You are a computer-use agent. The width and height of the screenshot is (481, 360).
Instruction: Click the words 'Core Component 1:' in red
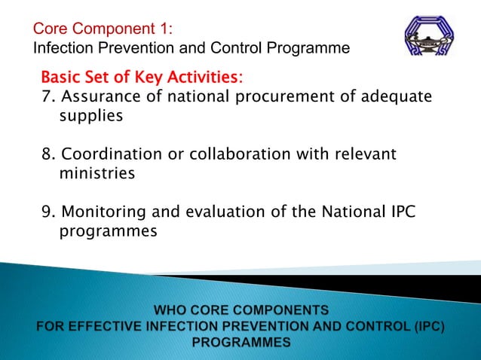(x=103, y=29)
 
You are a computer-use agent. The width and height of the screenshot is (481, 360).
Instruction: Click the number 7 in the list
(x=47, y=97)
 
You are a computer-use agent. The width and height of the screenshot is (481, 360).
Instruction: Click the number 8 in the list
(x=47, y=154)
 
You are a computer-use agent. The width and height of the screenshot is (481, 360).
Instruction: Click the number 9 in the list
(x=47, y=212)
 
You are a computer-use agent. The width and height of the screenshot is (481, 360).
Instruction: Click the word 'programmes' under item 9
(x=108, y=231)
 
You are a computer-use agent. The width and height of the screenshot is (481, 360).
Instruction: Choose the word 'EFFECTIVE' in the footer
(x=105, y=326)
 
